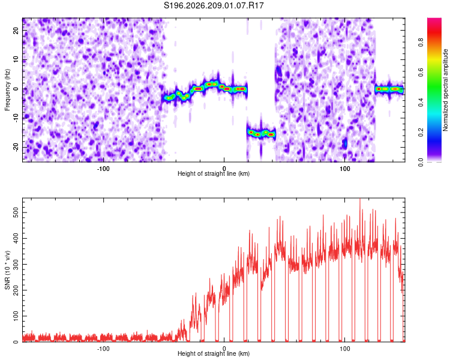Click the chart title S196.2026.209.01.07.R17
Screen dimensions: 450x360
(x=214, y=5)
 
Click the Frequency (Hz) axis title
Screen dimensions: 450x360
(x=7, y=90)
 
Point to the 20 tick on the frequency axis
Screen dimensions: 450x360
(x=16, y=31)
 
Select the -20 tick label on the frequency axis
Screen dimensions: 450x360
(x=16, y=147)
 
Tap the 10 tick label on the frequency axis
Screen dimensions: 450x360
(x=16, y=59)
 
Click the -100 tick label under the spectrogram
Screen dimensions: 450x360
(x=103, y=169)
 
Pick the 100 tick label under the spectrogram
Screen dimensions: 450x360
(x=344, y=169)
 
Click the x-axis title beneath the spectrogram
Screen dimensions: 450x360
(x=214, y=173)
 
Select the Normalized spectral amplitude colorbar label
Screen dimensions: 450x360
(x=445, y=90)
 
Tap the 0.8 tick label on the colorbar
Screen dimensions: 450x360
(x=421, y=43)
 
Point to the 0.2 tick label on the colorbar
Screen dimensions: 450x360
(x=421, y=133)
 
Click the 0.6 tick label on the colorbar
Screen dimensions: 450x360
(x=421, y=73)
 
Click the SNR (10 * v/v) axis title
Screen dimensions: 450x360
(x=7, y=270)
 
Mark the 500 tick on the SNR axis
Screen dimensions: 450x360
(x=16, y=212)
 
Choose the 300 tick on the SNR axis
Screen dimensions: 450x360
(x=16, y=264)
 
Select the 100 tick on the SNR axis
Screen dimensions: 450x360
(x=16, y=316)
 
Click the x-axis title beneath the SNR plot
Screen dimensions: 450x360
(x=214, y=353)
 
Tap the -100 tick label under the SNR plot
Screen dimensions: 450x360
(x=103, y=349)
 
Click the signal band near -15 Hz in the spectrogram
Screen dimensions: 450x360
(x=261, y=133)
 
